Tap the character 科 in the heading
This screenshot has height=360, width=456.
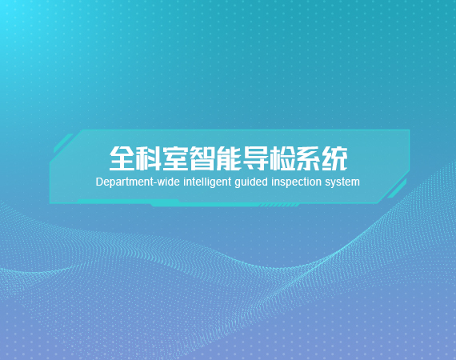coord(149,158)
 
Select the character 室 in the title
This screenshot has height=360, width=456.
coord(175,158)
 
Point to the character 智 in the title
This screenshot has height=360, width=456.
coord(202,158)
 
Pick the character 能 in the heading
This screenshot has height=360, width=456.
coord(229,158)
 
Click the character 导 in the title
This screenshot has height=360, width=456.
coord(255,158)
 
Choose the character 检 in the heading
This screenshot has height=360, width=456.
coord(282,158)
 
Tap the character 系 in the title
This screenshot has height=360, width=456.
coord(308,158)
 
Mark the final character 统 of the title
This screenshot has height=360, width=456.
coord(334,158)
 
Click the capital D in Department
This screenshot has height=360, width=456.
coord(99,182)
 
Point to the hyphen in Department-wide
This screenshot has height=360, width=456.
coord(155,183)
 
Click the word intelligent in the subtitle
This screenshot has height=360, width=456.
coord(207,182)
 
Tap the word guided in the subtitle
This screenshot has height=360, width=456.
coord(251,182)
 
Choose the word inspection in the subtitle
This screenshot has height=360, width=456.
coord(296,182)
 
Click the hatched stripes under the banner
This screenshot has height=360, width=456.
coord(279,206)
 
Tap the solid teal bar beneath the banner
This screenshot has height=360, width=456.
coord(203,203)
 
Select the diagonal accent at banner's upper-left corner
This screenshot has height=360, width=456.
coord(63,143)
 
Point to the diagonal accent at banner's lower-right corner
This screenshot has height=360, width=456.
coord(397,189)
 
